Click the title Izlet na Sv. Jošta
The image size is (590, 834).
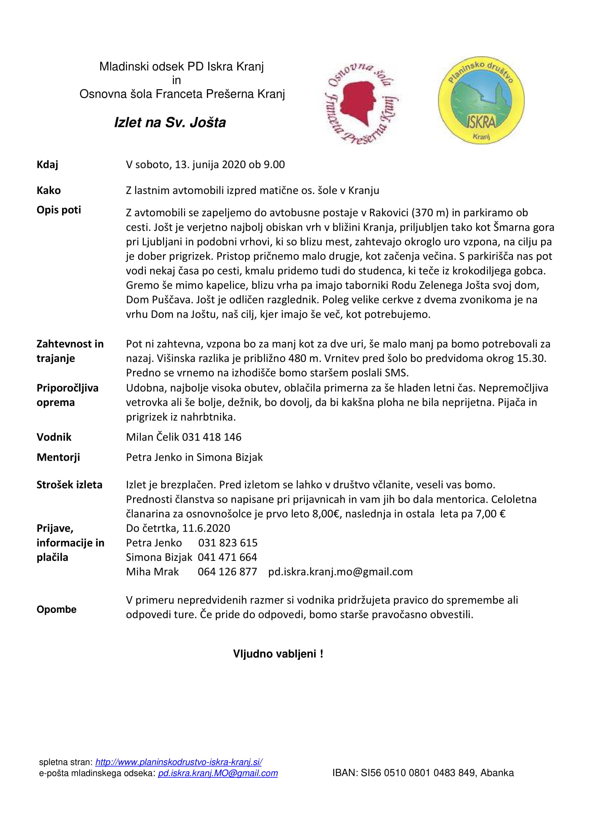[x=170, y=122]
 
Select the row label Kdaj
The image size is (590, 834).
[x=47, y=164]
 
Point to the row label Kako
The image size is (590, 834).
[x=49, y=190]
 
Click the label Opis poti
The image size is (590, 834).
[x=59, y=210]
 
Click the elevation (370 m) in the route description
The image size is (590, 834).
[x=430, y=213]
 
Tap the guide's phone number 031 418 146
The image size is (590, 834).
[x=212, y=437]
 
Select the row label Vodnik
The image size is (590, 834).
[x=54, y=437]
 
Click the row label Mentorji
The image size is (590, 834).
[x=58, y=457]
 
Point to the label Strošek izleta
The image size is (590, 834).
[x=70, y=485]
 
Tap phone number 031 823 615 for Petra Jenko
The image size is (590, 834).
[x=228, y=543]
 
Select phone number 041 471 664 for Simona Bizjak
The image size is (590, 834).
[x=228, y=557]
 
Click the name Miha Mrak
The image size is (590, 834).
[x=152, y=572]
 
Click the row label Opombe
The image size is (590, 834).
[x=56, y=609]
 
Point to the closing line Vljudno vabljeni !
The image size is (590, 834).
[x=278, y=654]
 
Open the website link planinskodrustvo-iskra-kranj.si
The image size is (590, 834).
[x=179, y=762]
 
